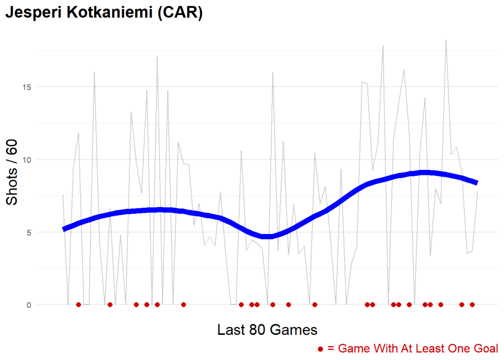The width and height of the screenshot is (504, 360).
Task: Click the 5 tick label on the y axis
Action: [27, 232]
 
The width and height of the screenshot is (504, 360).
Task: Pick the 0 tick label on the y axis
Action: [27, 305]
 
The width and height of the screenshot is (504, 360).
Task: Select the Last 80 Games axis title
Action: [267, 329]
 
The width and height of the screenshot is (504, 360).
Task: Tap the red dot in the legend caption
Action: [320, 349]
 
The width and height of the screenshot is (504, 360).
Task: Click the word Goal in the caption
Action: [486, 349]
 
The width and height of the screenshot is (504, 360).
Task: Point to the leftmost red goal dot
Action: [78, 305]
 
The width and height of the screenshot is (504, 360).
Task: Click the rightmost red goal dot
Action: [472, 305]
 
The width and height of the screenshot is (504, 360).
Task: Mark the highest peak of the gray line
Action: [446, 40]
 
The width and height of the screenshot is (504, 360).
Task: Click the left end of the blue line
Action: [64, 229]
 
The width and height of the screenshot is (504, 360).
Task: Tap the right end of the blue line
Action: [476, 182]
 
